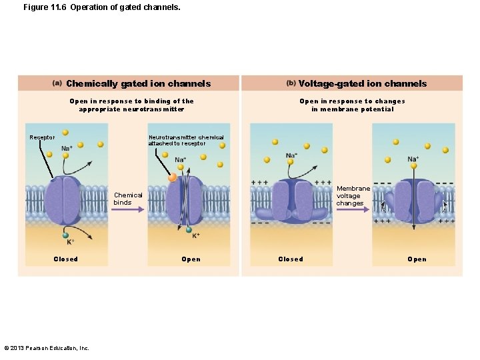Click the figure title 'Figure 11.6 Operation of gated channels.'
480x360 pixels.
click(x=101, y=8)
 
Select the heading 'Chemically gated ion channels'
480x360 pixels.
click(x=138, y=83)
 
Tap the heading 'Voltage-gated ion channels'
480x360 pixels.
click(x=362, y=83)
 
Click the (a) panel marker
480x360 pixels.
click(x=57, y=83)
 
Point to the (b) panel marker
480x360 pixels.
click(x=291, y=83)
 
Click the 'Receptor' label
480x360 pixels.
click(x=42, y=138)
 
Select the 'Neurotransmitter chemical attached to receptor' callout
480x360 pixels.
click(x=186, y=141)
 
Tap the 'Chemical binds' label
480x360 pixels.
click(x=127, y=199)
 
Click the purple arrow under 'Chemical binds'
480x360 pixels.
click(x=127, y=209)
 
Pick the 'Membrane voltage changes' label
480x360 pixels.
click(x=353, y=196)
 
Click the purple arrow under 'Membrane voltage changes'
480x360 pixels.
click(x=353, y=209)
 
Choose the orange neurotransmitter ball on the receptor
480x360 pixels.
click(x=173, y=178)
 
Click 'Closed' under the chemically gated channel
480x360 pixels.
click(x=65, y=259)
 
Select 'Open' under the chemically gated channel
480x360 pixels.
click(x=191, y=259)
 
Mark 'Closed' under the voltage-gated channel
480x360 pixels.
click(x=291, y=259)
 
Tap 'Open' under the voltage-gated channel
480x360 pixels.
click(x=417, y=259)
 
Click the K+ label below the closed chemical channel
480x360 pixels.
click(x=70, y=242)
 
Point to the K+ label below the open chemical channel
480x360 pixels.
click(x=196, y=235)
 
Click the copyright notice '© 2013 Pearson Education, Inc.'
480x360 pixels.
click(x=47, y=347)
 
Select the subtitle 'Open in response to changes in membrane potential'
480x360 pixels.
click(x=352, y=105)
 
